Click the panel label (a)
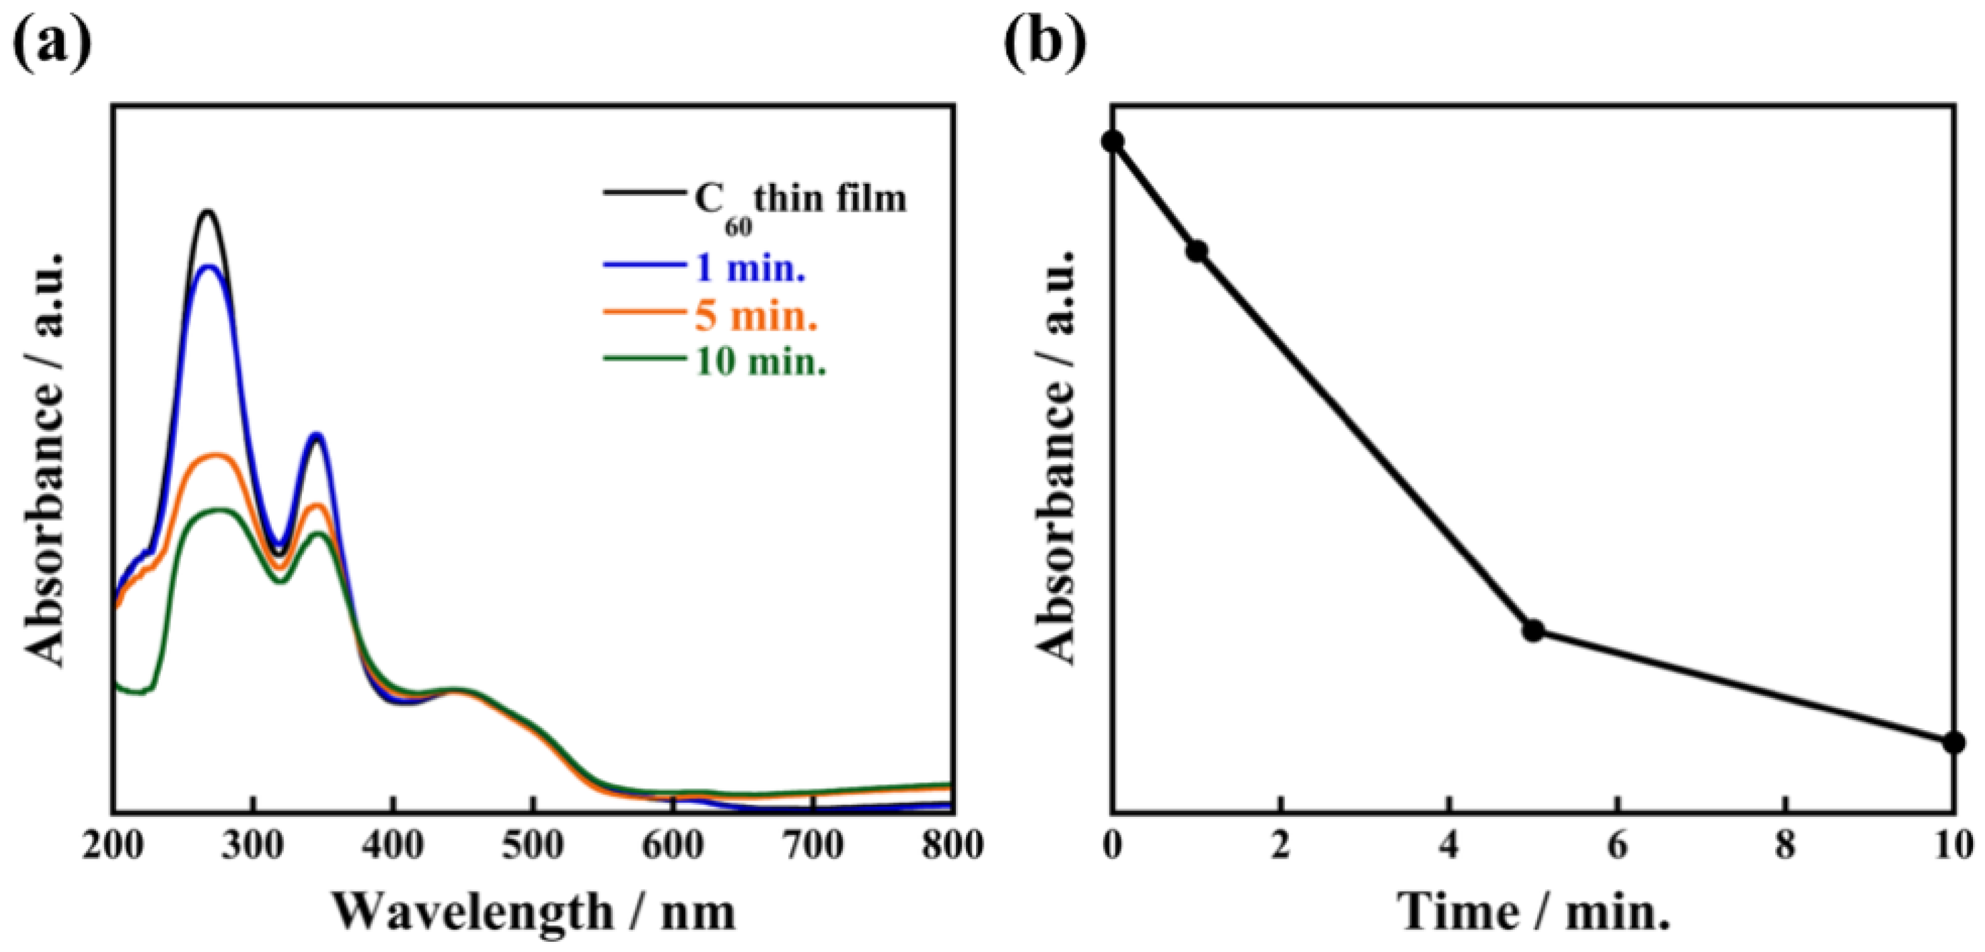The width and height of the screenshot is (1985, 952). [52, 44]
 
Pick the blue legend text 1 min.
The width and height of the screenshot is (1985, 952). [750, 269]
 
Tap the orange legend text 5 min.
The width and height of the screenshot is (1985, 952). [755, 316]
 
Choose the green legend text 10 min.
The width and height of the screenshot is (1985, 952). [761, 362]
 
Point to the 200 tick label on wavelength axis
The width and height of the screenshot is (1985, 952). [114, 846]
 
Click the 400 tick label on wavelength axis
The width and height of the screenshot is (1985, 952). [393, 846]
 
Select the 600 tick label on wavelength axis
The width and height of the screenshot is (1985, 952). [673, 846]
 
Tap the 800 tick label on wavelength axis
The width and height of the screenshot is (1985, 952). [953, 846]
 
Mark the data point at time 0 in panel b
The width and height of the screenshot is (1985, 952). [1112, 141]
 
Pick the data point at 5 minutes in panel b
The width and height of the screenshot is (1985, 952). [1533, 630]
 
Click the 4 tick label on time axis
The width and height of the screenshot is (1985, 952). [1449, 846]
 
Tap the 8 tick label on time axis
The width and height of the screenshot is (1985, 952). [1785, 846]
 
